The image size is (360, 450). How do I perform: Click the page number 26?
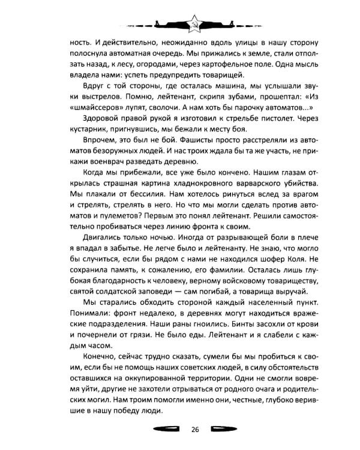pyautogui.click(x=195, y=428)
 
